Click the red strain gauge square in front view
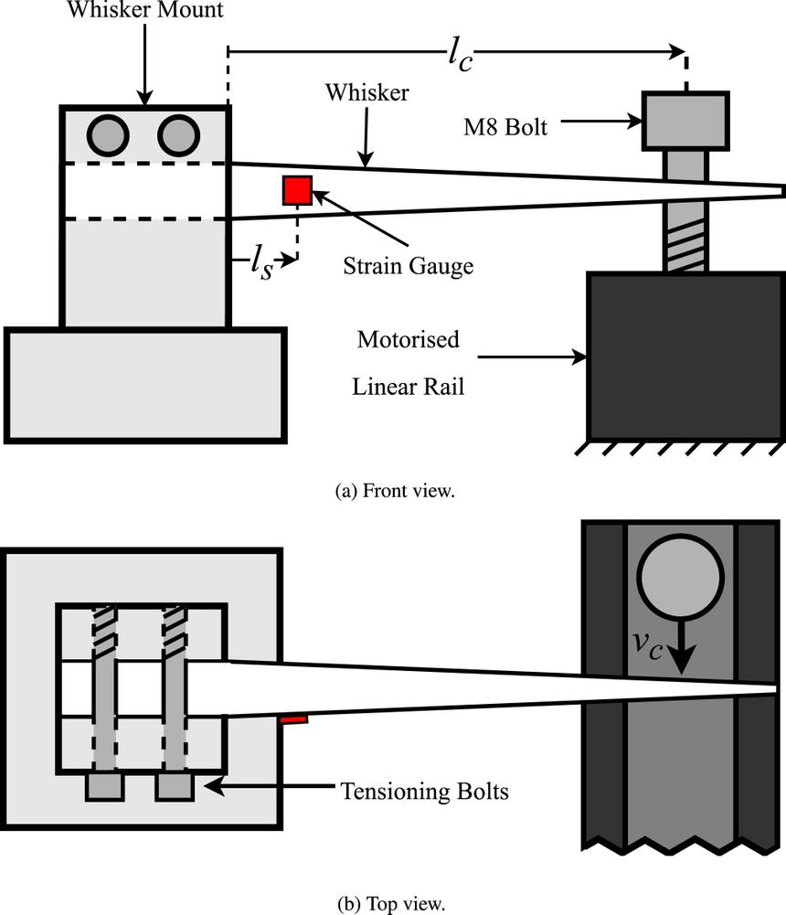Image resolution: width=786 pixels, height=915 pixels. (x=297, y=189)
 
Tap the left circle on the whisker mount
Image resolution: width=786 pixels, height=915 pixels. (x=108, y=135)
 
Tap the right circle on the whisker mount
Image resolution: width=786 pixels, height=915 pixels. (x=178, y=135)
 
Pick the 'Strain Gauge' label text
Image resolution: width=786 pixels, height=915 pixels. (x=409, y=266)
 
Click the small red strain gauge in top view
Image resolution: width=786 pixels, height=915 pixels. (x=293, y=720)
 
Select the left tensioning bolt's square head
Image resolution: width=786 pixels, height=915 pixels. (x=104, y=787)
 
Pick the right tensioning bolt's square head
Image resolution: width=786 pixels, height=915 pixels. (x=175, y=787)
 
